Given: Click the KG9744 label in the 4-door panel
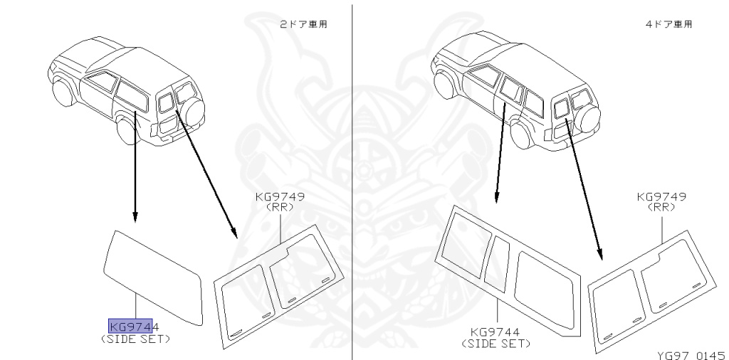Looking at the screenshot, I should point(496,332).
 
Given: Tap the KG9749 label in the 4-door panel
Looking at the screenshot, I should point(662,197).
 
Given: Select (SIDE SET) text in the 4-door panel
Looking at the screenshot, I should point(496,343).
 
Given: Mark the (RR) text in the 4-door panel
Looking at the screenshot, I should point(662,208).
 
